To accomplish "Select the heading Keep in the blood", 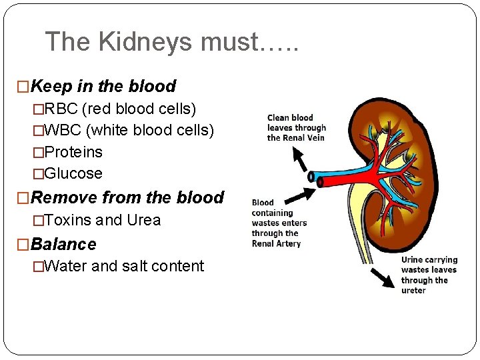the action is point(103,86).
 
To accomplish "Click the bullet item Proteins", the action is point(73,152).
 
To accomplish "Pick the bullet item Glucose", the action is point(73,174).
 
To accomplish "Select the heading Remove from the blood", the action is point(127,197).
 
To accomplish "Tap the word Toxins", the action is point(70,220).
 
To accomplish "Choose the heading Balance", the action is point(63,244).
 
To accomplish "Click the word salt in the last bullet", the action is point(137,266).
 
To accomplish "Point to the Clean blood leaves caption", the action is point(296,128).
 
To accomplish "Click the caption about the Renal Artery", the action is point(279,223).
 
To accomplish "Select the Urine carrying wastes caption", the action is point(429,275).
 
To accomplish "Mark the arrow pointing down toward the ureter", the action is point(381,277).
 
